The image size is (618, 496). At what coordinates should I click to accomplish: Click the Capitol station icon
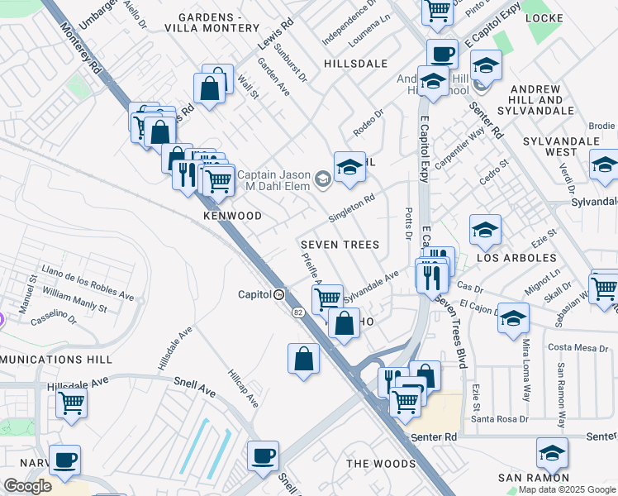(280, 294)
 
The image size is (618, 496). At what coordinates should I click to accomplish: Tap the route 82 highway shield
(296, 312)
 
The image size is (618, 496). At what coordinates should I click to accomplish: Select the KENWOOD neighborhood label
(232, 216)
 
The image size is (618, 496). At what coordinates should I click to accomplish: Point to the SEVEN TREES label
(340, 245)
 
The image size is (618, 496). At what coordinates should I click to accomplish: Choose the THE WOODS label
(381, 464)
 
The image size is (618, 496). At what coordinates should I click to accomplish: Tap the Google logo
(27, 486)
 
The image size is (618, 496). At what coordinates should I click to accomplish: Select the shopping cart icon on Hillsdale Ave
(72, 404)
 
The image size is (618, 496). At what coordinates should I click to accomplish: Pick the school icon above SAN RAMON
(552, 452)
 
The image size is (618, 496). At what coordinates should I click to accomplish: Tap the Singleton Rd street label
(352, 207)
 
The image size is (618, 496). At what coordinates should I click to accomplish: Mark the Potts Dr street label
(407, 220)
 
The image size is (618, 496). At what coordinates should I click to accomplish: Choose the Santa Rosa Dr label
(504, 420)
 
